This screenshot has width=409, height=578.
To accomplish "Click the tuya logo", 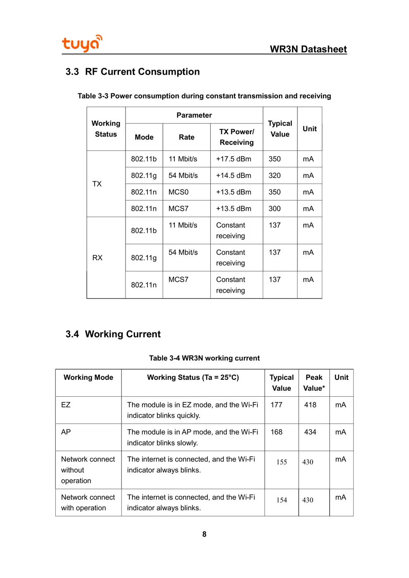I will coord(82,43).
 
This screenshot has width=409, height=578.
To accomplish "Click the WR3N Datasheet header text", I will coord(308,49).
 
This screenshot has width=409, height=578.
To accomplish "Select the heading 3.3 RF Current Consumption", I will coord(132,72).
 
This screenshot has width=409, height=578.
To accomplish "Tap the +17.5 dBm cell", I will coord(233,159).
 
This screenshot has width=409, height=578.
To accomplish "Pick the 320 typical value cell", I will coord(274,175).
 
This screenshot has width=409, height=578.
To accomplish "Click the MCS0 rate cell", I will coord(178,192).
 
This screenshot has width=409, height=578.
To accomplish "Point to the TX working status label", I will coord(97,184).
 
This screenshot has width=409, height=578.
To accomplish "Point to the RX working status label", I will coord(97,258).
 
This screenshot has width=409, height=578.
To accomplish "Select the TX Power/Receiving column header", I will coord(236,137).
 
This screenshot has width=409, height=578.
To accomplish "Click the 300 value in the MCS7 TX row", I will coord(274,208).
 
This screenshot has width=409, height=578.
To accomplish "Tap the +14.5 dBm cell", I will coord(233,175).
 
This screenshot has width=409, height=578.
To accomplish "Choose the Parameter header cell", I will coord(194,115).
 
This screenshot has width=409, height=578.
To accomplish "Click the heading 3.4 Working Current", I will coord(113,334).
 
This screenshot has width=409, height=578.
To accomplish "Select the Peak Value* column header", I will coord(314,383).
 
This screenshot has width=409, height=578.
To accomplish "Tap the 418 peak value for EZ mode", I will coord(310,405).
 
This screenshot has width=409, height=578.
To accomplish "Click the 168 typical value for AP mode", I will coord(276,432).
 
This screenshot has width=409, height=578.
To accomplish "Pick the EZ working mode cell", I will coord(66,405).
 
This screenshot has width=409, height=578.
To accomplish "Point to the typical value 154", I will coord(281,500).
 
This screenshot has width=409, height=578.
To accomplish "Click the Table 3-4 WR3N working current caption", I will coord(204,358).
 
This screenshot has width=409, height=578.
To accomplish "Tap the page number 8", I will coord(204,534).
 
